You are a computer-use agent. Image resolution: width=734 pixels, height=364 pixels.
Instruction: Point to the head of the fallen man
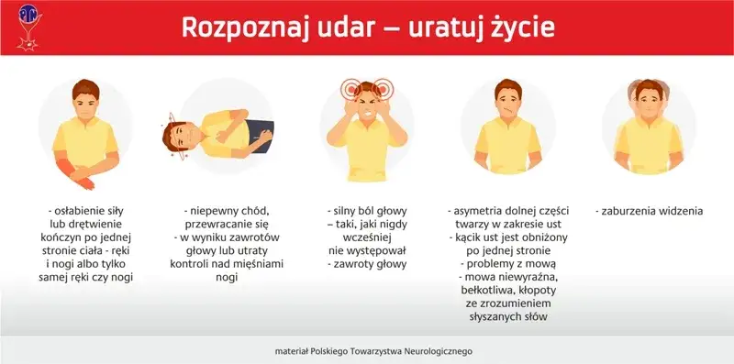tap(181, 138)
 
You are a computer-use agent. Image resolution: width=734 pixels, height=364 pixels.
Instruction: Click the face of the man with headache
tap(367, 102)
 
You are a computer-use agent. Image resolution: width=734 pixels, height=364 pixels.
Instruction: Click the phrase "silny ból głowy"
tap(370, 211)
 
